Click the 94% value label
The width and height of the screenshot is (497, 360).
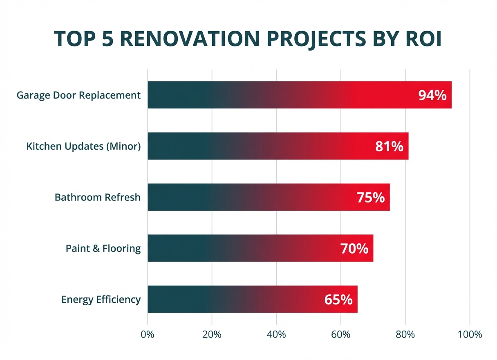pos(432,95)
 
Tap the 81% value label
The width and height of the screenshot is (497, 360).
pos(389,146)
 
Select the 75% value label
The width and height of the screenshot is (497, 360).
pos(371,198)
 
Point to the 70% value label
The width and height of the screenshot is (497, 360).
pos(354,248)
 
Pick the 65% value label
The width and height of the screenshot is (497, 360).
pos(338,299)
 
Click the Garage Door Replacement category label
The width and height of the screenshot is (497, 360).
pos(78,95)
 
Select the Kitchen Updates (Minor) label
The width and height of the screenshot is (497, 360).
pos(83,146)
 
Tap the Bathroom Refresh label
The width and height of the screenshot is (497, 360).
pos(97,198)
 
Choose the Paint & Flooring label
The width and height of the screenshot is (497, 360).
pos(103,248)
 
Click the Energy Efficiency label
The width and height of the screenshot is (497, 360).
pos(101,299)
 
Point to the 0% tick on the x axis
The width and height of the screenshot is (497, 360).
pos(148,334)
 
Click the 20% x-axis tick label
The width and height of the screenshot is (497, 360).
pos(212,334)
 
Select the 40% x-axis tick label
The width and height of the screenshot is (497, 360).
pos(276,334)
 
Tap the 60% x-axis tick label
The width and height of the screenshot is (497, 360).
pos(341,334)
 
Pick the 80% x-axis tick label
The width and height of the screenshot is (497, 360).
pos(405,334)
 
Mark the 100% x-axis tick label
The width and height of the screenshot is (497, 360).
pos(470,334)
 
